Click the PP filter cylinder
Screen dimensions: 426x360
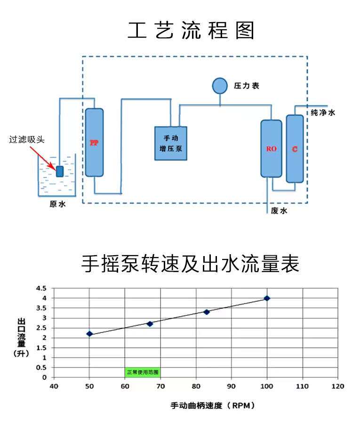[94, 142]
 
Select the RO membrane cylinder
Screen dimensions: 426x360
[272, 148]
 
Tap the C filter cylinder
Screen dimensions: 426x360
[295, 149]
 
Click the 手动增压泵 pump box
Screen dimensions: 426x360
[171, 143]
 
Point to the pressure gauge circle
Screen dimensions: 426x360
[219, 86]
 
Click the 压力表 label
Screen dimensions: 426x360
[247, 86]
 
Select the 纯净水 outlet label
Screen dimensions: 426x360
[323, 113]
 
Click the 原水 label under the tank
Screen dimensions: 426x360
[57, 204]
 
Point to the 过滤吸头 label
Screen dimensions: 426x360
[27, 139]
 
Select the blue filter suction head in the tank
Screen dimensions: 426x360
[60, 171]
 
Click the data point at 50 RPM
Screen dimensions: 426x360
[89, 334]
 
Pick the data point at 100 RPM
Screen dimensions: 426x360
[267, 298]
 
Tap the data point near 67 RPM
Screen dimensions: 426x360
[150, 323]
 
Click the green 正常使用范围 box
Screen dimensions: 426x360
[143, 372]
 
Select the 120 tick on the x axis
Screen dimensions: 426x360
[338, 386]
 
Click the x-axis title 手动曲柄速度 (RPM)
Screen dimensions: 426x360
[212, 405]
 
